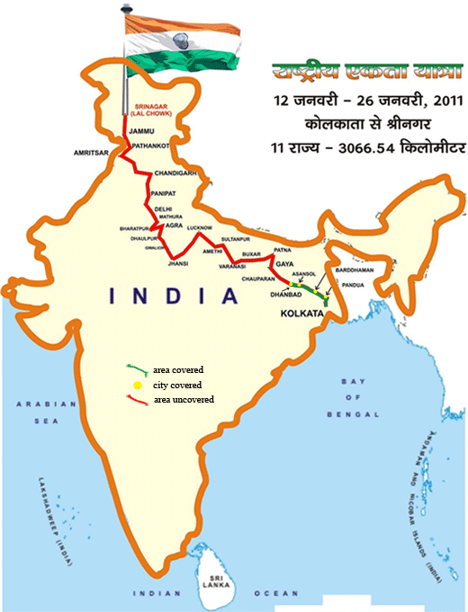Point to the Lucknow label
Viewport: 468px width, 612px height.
201,228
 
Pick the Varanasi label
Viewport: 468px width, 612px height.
229,266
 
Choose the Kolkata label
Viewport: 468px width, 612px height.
300,315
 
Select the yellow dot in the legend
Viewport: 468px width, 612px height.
137,385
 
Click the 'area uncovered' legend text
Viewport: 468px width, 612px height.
183,399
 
